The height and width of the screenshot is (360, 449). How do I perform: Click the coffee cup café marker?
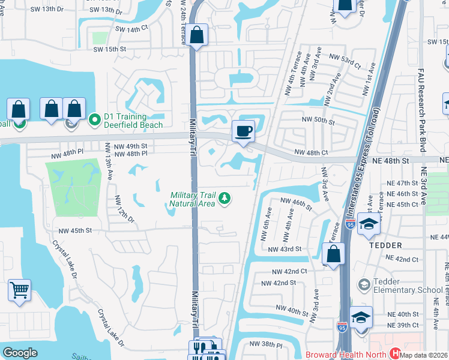tap(243, 131)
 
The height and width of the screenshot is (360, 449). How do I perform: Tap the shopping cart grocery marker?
tap(19, 291)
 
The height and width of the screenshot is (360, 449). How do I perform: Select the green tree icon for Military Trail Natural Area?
tap(224, 198)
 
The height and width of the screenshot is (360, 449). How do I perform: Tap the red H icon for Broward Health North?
tap(395, 354)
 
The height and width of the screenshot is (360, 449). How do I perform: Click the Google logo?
tap(20, 353)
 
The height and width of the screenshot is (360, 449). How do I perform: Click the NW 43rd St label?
tap(284, 249)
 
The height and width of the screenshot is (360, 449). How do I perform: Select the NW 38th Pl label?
tap(265, 344)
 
